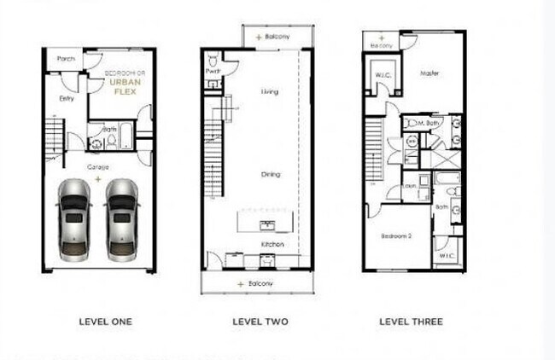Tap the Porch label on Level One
click(x=67, y=59)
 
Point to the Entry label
click(x=66, y=98)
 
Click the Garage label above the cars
click(x=98, y=167)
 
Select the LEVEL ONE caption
click(x=105, y=322)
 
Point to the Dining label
click(x=271, y=174)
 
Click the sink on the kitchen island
click(x=266, y=224)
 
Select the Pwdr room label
click(x=213, y=72)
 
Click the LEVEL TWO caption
click(x=260, y=322)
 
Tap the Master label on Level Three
click(x=429, y=73)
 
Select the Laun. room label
click(x=410, y=185)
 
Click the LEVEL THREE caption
click(x=411, y=322)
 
